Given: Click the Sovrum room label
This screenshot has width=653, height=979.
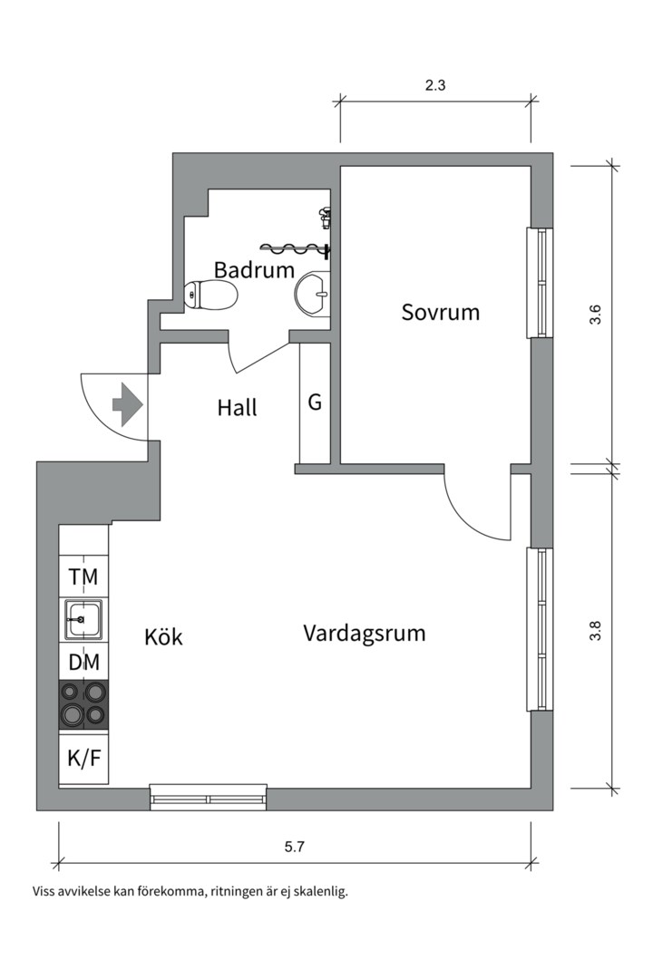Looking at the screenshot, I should (440, 313).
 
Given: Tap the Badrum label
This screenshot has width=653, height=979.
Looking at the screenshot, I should (254, 269).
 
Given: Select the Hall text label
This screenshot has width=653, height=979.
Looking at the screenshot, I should (237, 408).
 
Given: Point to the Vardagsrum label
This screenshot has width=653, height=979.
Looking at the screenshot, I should (364, 633).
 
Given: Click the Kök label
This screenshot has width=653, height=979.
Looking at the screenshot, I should (163, 637).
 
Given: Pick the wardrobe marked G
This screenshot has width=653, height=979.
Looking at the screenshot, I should (315, 402).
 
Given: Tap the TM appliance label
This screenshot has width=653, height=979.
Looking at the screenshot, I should (83, 577).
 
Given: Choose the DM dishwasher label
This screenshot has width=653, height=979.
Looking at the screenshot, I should (83, 662).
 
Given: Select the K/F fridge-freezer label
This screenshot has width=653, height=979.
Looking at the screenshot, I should (83, 759).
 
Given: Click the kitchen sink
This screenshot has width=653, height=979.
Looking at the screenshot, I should (83, 621).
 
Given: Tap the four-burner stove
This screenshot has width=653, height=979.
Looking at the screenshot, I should (83, 704).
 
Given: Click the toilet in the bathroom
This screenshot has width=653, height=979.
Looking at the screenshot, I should (210, 295).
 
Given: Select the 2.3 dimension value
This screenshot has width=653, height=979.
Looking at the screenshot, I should (436, 86).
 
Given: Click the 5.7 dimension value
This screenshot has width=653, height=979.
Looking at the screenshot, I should (294, 848).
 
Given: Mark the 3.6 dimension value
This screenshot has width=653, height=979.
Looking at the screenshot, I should (595, 315).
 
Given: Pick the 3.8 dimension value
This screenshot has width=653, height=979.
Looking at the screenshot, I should (595, 630).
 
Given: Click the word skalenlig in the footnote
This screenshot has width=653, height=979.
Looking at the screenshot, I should (320, 891).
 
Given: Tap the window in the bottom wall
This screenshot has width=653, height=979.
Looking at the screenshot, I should (209, 798).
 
